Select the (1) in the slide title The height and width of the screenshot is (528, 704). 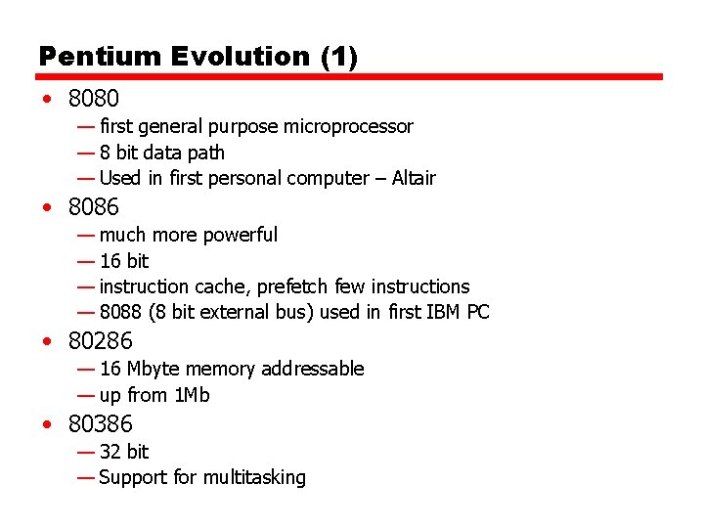[x=339, y=57]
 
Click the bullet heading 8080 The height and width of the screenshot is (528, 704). [x=94, y=99]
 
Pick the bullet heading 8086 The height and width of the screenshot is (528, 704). [x=94, y=206]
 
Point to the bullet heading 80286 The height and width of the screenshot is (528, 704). [x=101, y=341]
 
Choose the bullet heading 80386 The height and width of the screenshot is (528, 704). [x=101, y=424]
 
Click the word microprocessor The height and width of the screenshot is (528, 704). [x=348, y=126]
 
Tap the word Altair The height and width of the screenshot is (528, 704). [x=414, y=178]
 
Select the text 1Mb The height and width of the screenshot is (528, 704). [x=192, y=395]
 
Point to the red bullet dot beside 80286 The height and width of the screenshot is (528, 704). [x=47, y=342]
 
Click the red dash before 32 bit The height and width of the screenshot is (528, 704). [x=86, y=452]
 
